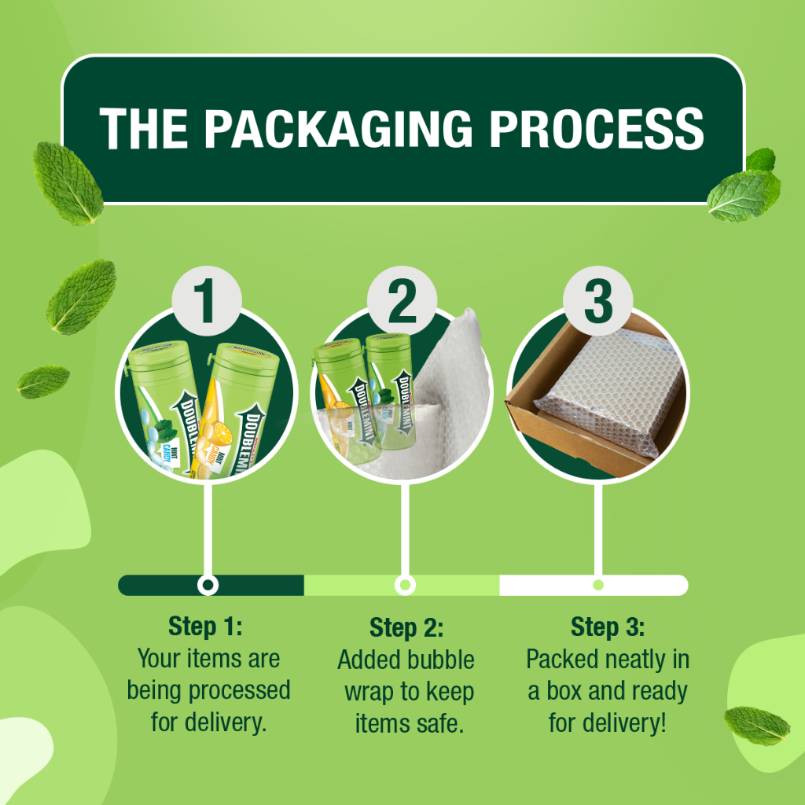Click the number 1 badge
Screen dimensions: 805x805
click(206, 302)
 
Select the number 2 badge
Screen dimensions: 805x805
click(402, 302)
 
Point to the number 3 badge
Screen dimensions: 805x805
click(598, 302)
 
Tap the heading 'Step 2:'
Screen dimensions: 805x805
click(406, 628)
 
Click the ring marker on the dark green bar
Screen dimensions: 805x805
click(208, 585)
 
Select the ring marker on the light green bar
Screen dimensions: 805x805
click(404, 585)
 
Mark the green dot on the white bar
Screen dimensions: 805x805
click(598, 585)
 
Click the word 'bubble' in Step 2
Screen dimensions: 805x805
click(441, 660)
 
